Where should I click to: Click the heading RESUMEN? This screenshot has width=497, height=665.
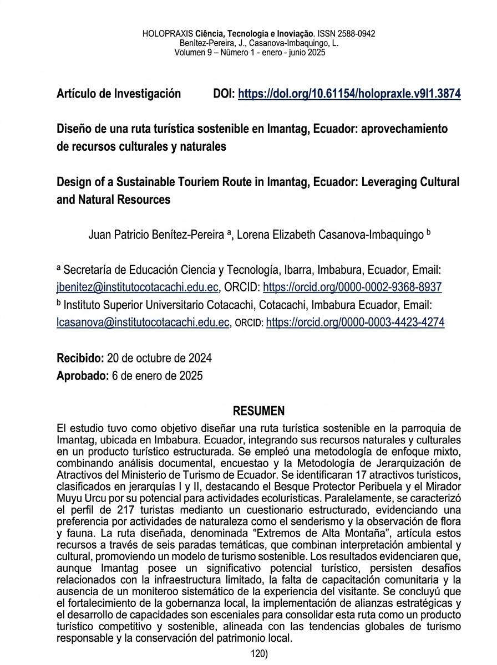[x=259, y=411]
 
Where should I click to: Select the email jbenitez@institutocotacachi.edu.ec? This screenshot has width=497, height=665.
[x=139, y=287]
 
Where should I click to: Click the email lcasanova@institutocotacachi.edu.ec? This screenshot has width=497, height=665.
[x=143, y=322]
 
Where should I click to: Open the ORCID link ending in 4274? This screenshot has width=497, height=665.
[x=355, y=322]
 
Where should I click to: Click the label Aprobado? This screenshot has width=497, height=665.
[x=82, y=376]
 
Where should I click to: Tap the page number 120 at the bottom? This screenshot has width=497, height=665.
[x=258, y=654]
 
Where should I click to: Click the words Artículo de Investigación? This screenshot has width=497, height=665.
[x=119, y=94]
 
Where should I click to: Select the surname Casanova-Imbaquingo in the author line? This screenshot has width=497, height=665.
[x=369, y=235]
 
